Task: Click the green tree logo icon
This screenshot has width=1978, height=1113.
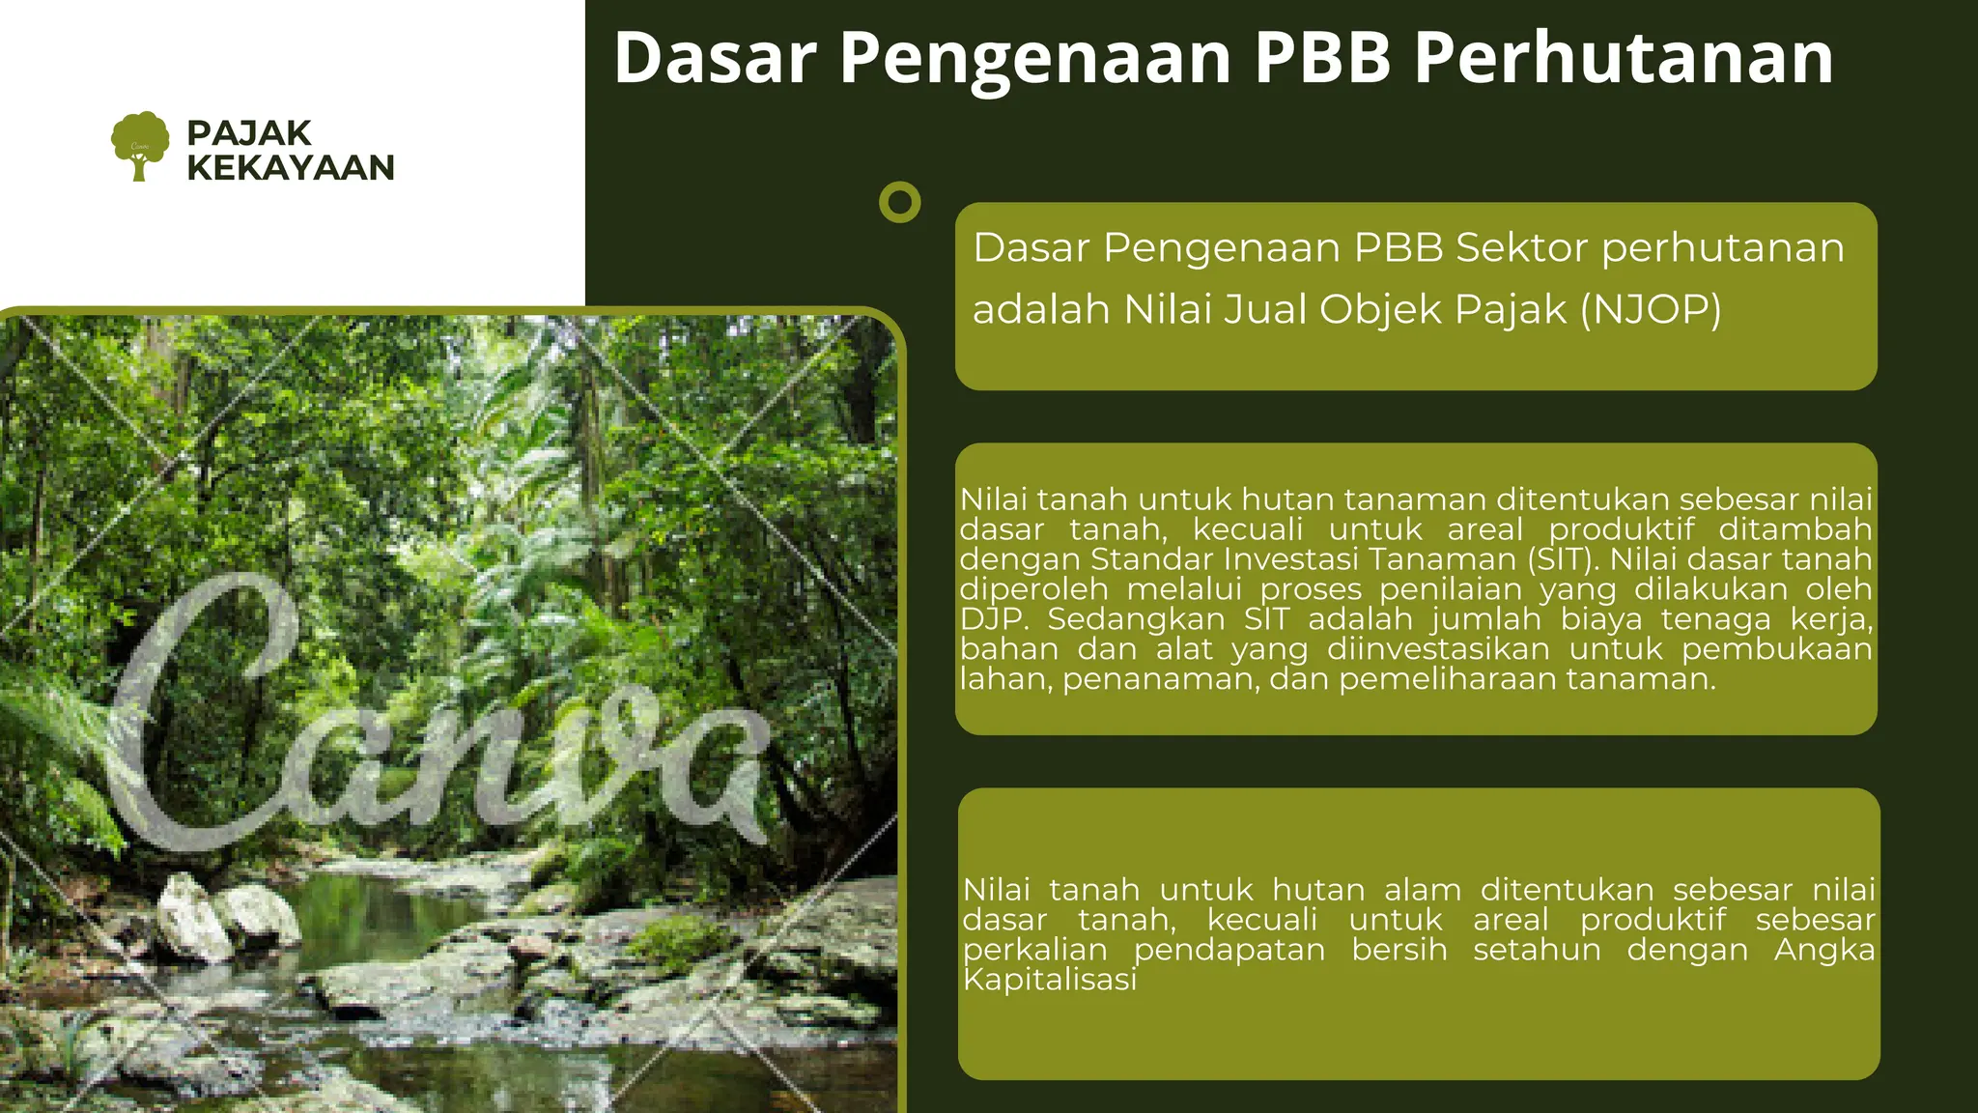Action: click(140, 145)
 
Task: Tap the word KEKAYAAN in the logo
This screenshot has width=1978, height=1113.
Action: click(291, 167)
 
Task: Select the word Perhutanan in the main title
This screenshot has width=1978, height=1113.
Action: click(1624, 58)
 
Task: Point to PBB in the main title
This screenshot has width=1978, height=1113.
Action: click(1322, 58)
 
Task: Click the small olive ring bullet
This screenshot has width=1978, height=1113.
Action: click(900, 202)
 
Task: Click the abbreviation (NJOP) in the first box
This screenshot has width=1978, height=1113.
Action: click(1651, 310)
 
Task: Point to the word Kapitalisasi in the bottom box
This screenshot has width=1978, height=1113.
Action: click(1050, 980)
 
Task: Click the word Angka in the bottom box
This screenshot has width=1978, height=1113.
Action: click(1823, 950)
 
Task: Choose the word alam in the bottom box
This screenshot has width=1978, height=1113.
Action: click(1422, 890)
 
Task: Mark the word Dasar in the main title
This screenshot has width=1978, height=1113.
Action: click(716, 58)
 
